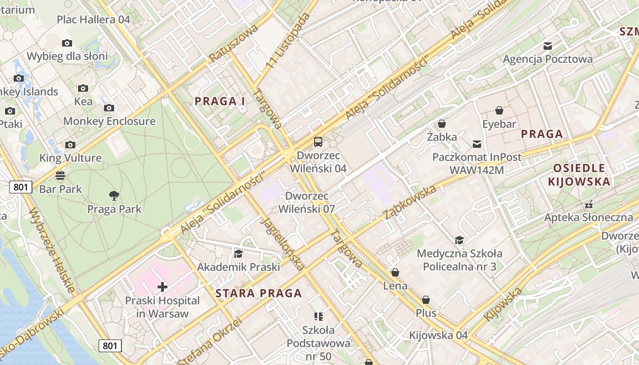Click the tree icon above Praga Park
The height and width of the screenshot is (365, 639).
[x=114, y=196]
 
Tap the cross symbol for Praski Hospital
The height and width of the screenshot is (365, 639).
[x=162, y=287]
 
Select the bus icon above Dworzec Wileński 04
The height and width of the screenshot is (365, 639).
[x=318, y=142]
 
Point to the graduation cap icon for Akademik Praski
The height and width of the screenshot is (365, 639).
[x=238, y=254]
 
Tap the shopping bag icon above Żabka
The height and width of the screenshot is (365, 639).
[x=441, y=124]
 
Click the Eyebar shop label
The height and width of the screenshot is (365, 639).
[x=499, y=124]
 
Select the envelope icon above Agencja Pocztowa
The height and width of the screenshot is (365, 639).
[x=547, y=46]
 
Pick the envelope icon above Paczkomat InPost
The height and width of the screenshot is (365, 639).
[x=477, y=144]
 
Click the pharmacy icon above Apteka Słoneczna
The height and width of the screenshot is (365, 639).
[x=589, y=204]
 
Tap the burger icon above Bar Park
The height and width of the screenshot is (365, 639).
[x=60, y=176]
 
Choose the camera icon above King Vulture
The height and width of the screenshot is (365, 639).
[x=70, y=145]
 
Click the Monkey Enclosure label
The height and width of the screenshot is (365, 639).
[x=109, y=121]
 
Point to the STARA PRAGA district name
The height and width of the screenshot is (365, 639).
[x=258, y=293]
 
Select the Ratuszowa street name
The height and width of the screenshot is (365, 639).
[x=234, y=43]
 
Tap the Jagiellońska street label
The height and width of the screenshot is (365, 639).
[x=282, y=243]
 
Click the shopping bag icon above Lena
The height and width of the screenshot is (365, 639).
[x=395, y=272]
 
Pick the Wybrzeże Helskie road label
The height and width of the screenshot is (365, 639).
[x=51, y=250]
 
